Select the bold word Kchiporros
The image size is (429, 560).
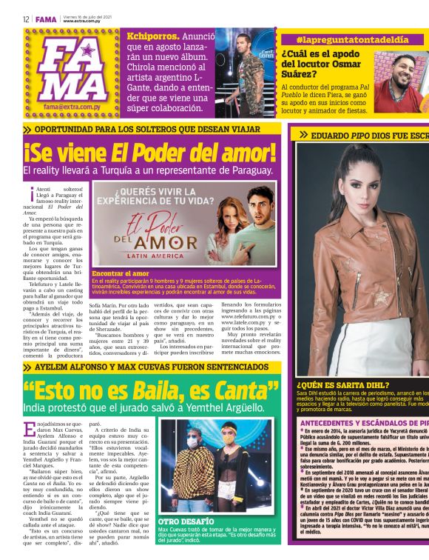[152, 36]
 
